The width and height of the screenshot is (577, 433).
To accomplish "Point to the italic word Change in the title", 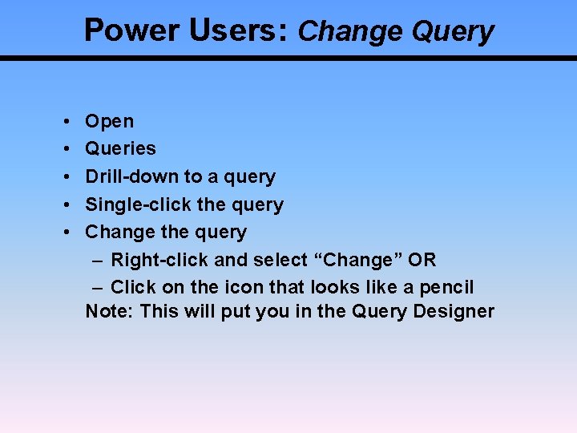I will click(351, 31).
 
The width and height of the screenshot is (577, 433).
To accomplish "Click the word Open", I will click(110, 122).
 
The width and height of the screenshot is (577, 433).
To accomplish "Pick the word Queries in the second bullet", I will click(121, 148).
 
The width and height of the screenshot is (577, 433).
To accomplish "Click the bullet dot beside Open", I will click(63, 122).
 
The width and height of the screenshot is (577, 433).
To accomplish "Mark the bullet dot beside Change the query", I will click(63, 233).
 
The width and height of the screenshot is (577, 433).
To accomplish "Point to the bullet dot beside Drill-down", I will click(63, 177).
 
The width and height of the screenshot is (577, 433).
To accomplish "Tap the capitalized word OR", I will click(422, 260).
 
